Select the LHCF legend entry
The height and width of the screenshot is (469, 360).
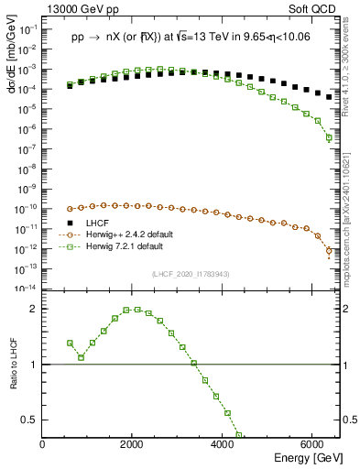click(x=96, y=224)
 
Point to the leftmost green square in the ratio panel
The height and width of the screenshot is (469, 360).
click(x=70, y=343)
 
